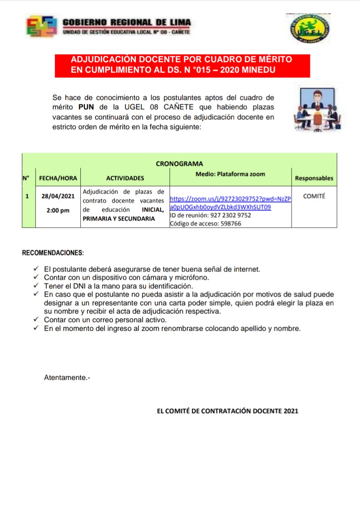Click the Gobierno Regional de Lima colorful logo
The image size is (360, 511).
click(x=41, y=26)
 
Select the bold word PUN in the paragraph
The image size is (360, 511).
click(x=86, y=107)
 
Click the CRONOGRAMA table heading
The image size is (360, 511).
click(x=179, y=164)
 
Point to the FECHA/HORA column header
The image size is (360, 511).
click(x=58, y=178)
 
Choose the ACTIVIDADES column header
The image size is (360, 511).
click(x=125, y=178)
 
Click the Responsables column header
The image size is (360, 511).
click(x=314, y=178)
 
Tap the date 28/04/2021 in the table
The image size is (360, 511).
click(x=58, y=196)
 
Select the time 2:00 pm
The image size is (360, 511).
click(x=58, y=210)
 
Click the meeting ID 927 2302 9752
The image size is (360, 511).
click(x=231, y=215)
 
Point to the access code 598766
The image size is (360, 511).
click(x=231, y=224)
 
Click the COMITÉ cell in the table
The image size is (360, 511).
click(x=314, y=196)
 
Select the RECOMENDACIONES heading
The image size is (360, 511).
click(x=53, y=253)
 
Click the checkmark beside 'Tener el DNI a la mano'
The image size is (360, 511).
click(x=36, y=286)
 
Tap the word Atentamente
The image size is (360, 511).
click(x=66, y=377)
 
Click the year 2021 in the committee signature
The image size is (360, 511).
click(x=291, y=411)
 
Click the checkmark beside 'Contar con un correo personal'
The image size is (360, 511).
click(x=36, y=319)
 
